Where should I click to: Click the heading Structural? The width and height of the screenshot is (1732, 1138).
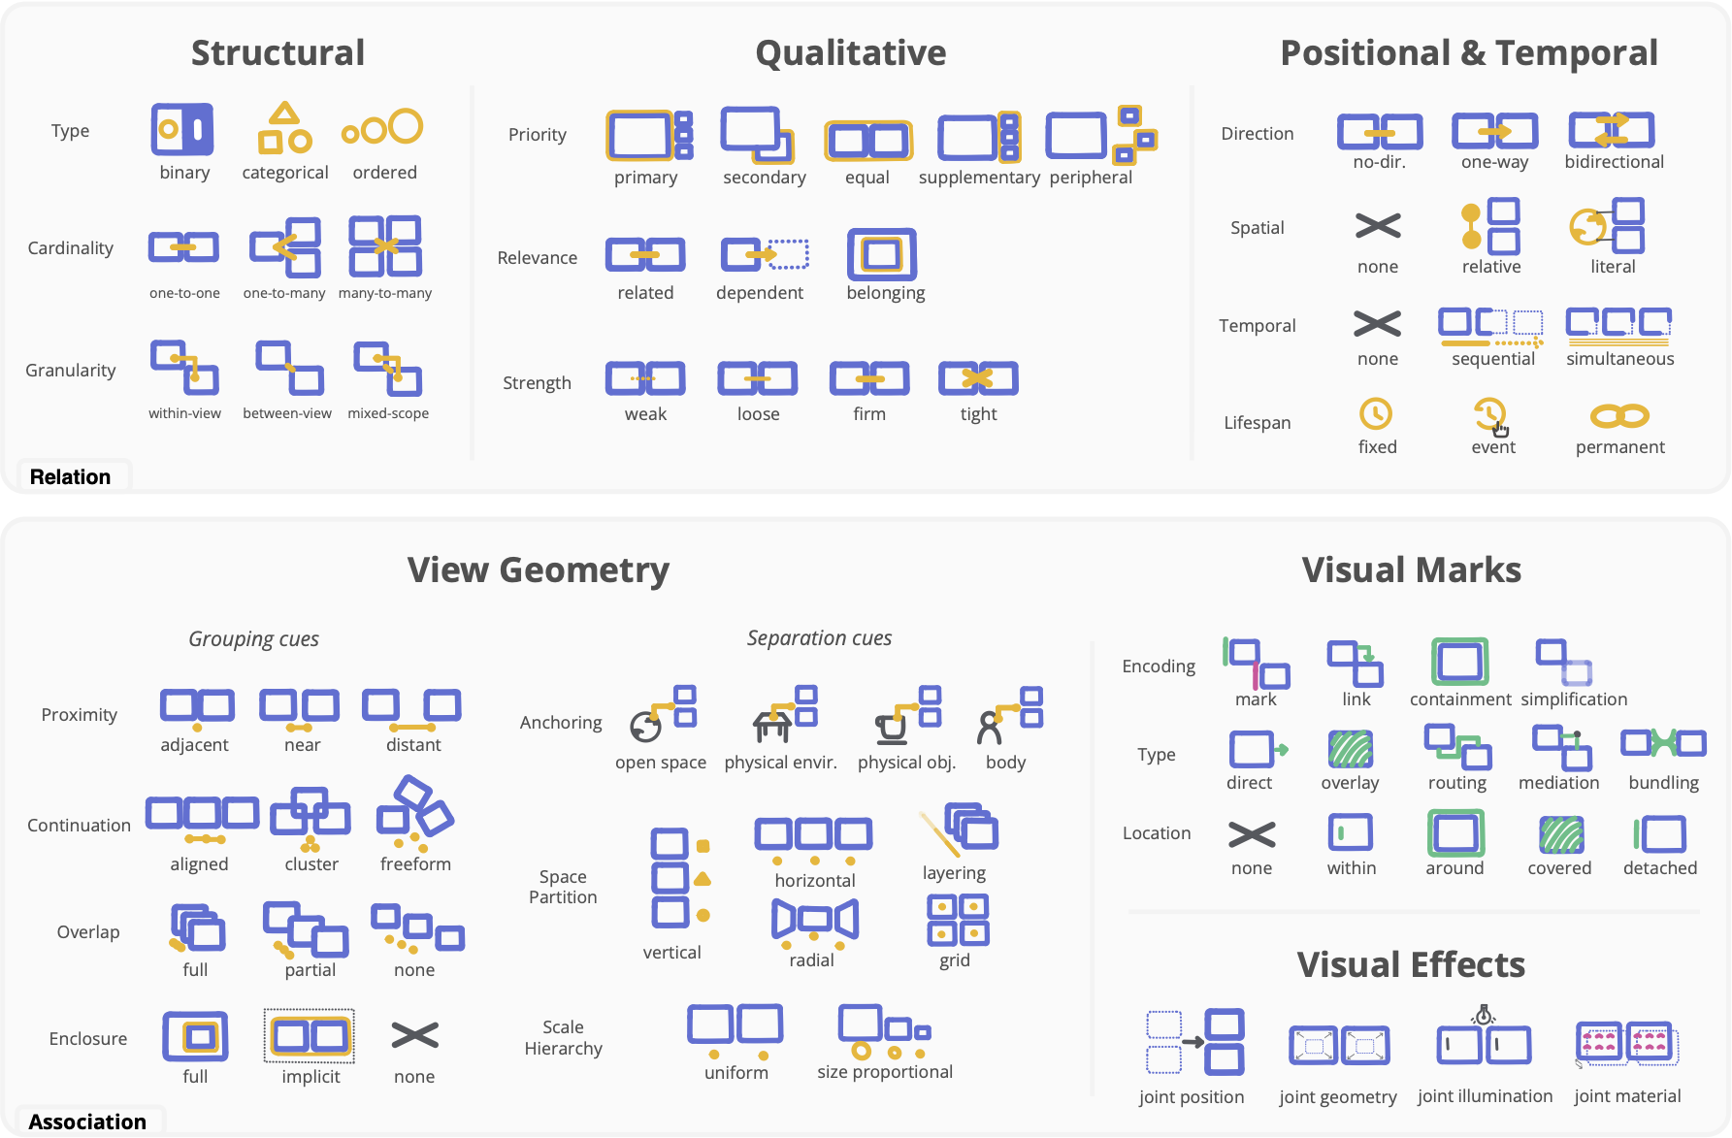pyautogui.click(x=278, y=53)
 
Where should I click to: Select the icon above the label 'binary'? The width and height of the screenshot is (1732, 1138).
pyautogui.click(x=182, y=129)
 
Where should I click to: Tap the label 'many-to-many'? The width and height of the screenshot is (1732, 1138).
pyautogui.click(x=385, y=293)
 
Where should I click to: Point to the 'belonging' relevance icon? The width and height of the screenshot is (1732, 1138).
pyautogui.click(x=881, y=254)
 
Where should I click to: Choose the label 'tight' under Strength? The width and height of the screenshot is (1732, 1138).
pyautogui.click(x=978, y=414)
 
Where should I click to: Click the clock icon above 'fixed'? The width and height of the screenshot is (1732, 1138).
pyautogui.click(x=1375, y=414)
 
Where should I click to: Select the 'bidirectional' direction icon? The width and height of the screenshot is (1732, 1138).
pyautogui.click(x=1612, y=130)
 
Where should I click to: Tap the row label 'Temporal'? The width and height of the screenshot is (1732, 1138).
pyautogui.click(x=1257, y=326)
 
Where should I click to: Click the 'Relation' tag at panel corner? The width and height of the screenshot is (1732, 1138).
pyautogui.click(x=70, y=477)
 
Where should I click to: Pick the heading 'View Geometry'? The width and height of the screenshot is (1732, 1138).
pyautogui.click(x=538, y=570)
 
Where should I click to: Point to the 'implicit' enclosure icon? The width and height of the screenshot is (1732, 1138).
pyautogui.click(x=310, y=1036)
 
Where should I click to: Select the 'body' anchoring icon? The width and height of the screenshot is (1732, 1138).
pyautogui.click(x=1009, y=716)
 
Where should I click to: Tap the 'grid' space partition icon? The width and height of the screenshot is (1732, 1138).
pyautogui.click(x=958, y=921)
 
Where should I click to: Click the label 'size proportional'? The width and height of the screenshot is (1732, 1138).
pyautogui.click(x=884, y=1072)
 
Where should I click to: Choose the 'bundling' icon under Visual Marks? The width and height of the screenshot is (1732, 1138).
pyautogui.click(x=1663, y=744)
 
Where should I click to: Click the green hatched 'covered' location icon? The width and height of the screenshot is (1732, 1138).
pyautogui.click(x=1560, y=834)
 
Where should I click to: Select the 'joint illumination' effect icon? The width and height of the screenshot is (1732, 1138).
pyautogui.click(x=1484, y=1041)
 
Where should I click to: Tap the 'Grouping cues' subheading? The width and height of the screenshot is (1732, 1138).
pyautogui.click(x=253, y=639)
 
